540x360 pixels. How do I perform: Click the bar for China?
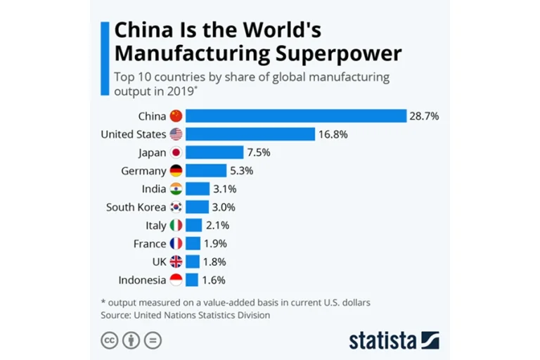tap(295, 116)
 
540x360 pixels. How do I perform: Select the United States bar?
tap(250, 134)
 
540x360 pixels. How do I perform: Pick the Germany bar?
tap(205, 170)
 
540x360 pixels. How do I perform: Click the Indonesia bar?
tap(191, 280)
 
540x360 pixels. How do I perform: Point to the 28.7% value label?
tap(424, 116)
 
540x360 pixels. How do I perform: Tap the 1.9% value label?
tap(216, 243)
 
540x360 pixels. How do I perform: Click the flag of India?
tap(176, 188)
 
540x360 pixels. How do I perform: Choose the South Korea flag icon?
tap(176, 207)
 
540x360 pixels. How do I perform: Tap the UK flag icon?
tap(176, 262)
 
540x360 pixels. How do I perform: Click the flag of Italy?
tap(176, 225)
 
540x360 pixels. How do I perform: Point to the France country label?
tap(149, 243)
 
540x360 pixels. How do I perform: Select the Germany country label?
tap(144, 170)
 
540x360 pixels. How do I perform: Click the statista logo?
tap(394, 340)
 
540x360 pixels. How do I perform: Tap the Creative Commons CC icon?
tap(109, 340)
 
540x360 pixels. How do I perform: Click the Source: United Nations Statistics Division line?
tap(186, 315)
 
